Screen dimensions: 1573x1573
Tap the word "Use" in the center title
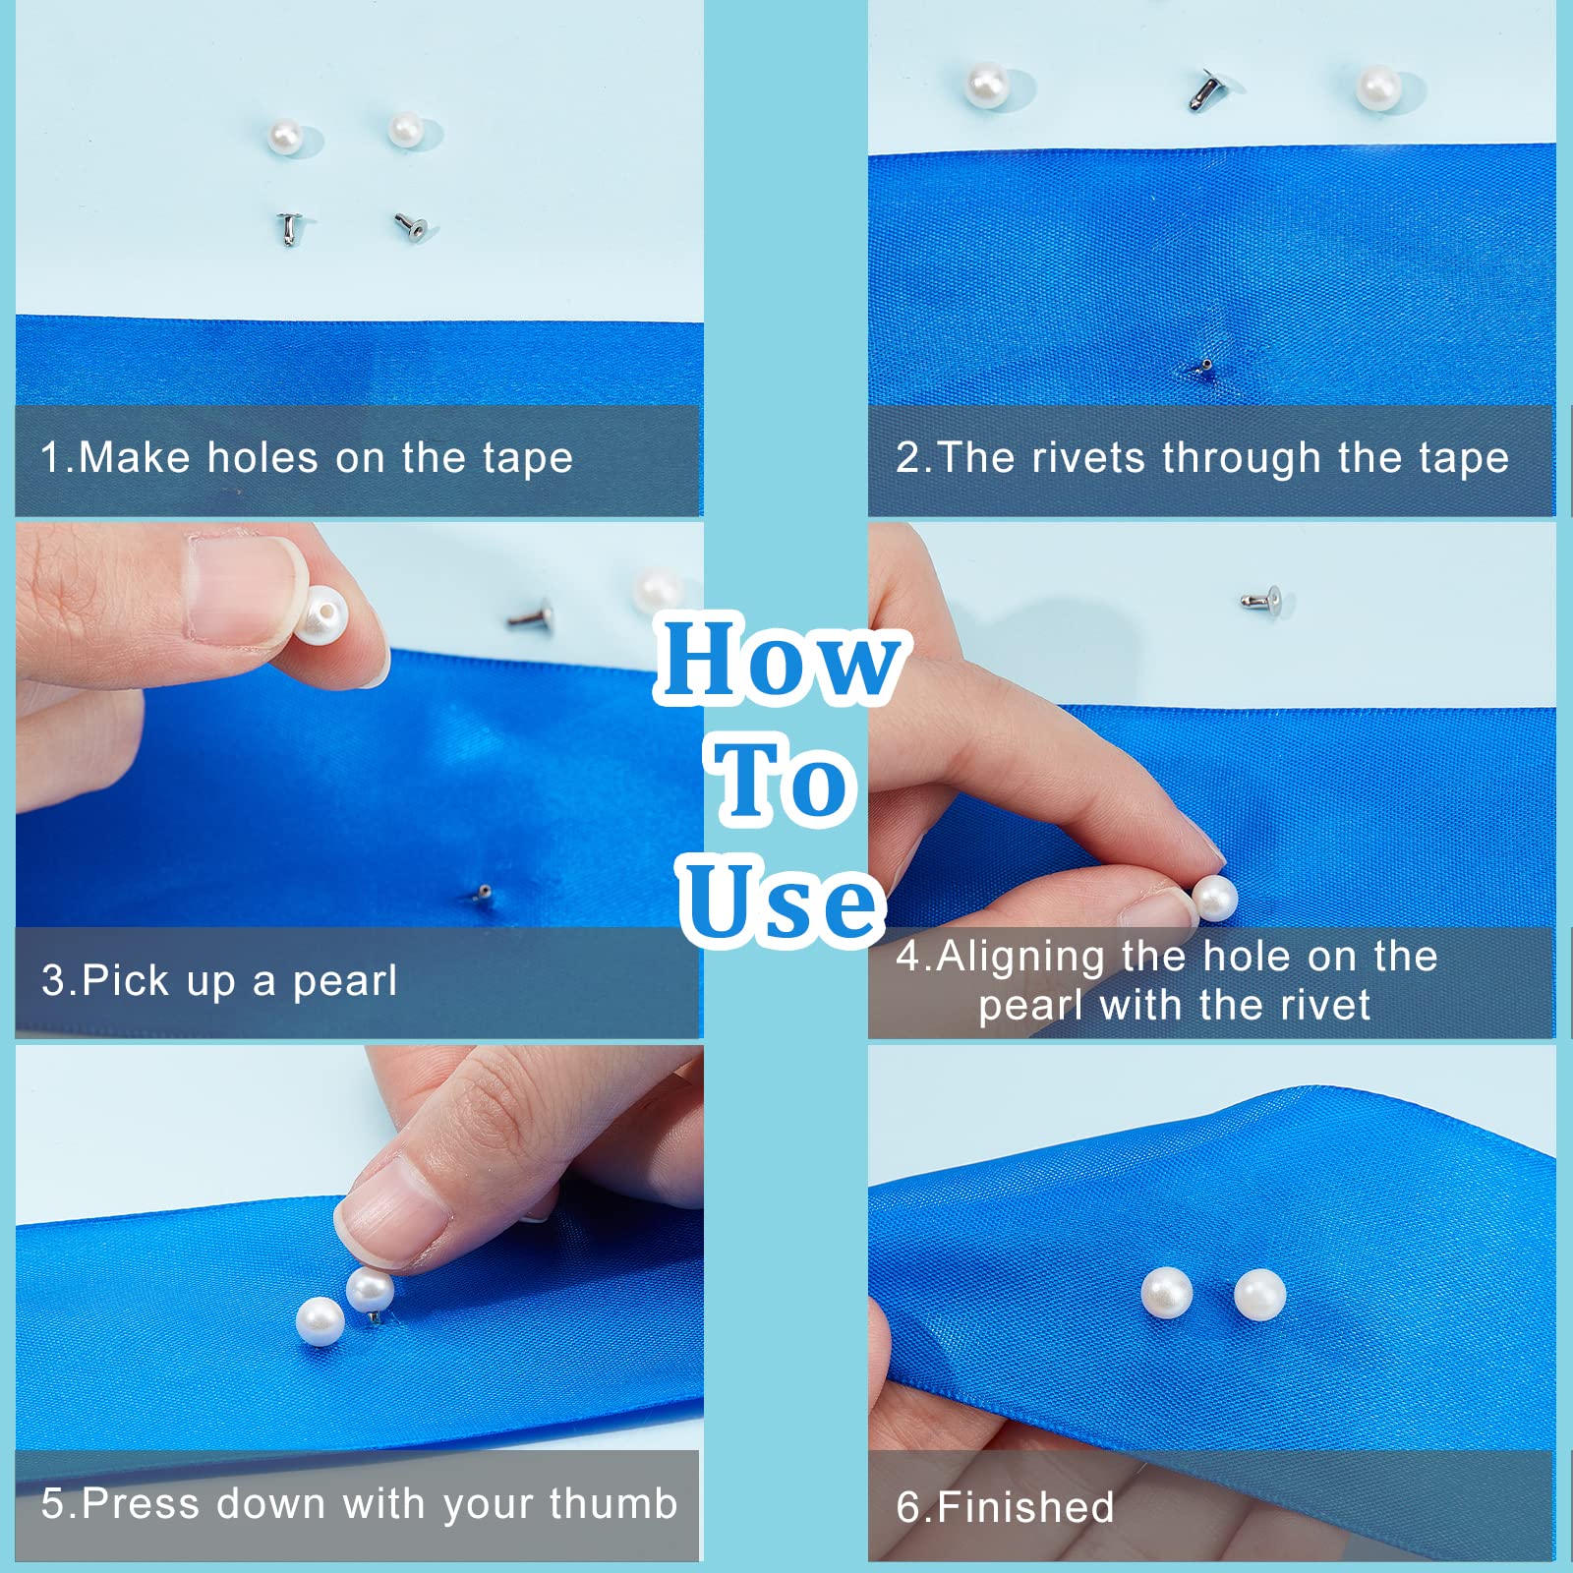(x=782, y=900)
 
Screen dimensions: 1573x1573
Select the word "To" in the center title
(x=783, y=781)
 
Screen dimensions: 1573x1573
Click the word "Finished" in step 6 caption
(x=1025, y=1507)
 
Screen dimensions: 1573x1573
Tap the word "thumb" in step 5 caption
(x=613, y=1503)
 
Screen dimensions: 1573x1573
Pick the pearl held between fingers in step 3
(x=321, y=614)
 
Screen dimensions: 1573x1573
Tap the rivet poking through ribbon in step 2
(x=1206, y=367)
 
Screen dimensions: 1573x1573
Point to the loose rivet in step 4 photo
(x=1261, y=597)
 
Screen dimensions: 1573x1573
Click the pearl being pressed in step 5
(x=370, y=1290)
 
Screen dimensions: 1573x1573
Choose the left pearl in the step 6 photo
(x=1167, y=1294)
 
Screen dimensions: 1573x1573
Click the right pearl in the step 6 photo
(x=1259, y=1295)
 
